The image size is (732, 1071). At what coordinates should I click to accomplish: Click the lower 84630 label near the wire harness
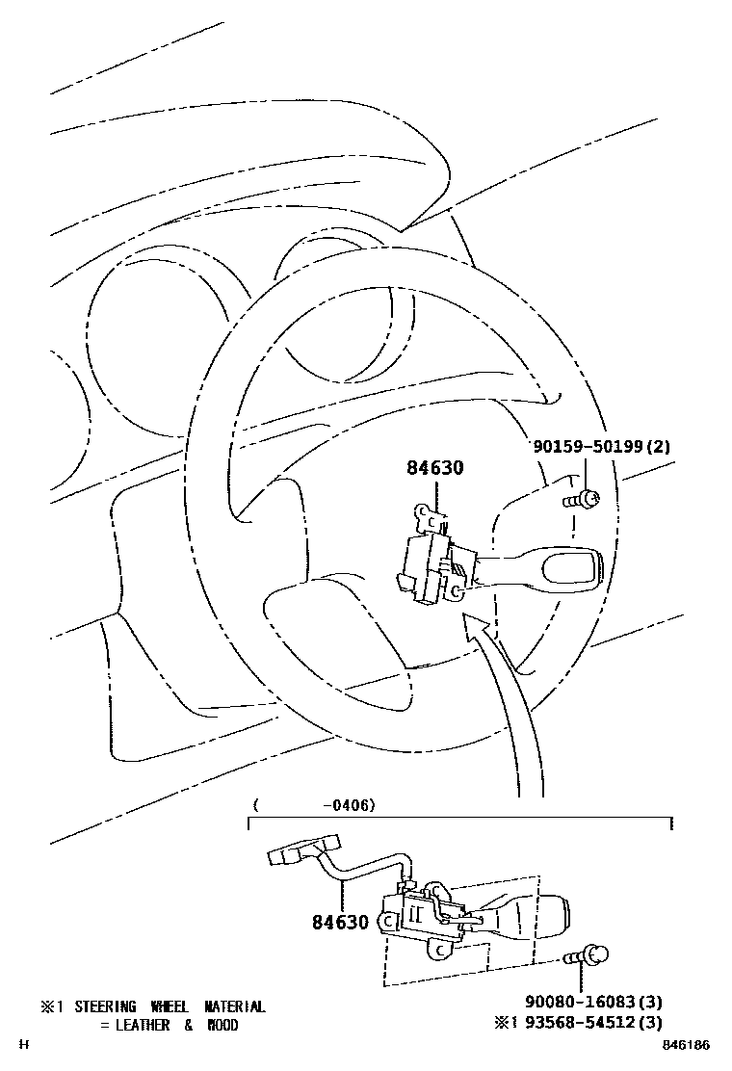tap(340, 922)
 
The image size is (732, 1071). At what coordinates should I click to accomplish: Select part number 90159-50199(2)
tap(602, 447)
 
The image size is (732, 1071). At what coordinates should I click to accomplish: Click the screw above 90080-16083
tap(585, 956)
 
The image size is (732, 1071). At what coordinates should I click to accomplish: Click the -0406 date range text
tap(348, 804)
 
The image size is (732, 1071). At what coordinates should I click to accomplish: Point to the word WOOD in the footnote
tap(222, 1025)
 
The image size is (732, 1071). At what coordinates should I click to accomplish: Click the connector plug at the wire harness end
tap(288, 854)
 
